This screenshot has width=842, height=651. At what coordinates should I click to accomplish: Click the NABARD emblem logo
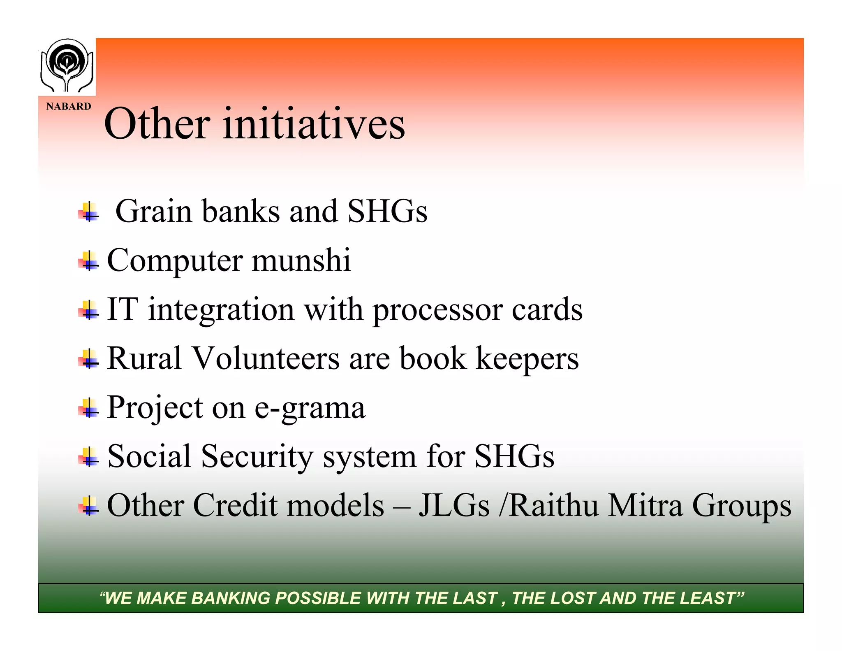[67, 66]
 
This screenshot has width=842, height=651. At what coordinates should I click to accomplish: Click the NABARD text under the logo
[68, 107]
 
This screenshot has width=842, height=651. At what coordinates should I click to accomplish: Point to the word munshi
[301, 260]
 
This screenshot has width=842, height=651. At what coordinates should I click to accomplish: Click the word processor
[437, 310]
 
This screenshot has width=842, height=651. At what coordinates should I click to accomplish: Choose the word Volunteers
[266, 358]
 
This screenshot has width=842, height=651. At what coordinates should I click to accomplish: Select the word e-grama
[310, 408]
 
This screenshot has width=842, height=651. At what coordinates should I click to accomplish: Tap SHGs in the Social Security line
[514, 456]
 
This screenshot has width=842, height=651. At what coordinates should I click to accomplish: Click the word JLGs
[454, 505]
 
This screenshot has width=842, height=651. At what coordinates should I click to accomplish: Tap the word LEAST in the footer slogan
[708, 598]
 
